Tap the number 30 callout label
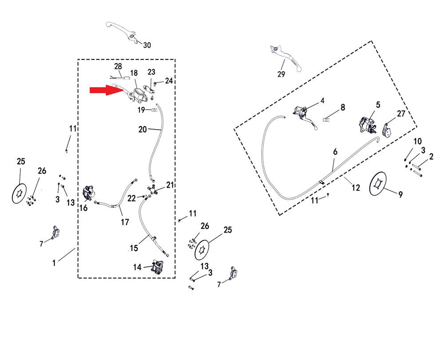pos(147,45)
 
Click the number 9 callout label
pos(400,194)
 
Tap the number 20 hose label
pos(142,130)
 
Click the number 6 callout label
pos(335,152)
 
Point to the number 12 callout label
pos(356,188)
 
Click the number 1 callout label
pos(54,263)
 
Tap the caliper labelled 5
pos(367,125)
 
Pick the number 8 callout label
pos(342,107)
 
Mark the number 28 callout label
pos(118,67)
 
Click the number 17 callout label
pos(124,222)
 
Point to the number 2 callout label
pos(431,157)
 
